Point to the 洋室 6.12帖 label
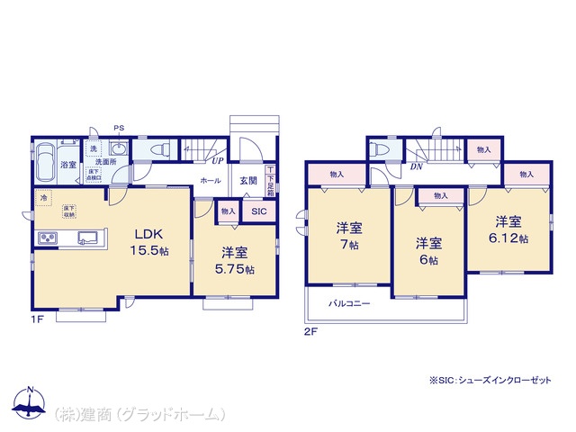(510, 229)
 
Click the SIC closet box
(258, 211)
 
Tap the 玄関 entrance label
(247, 180)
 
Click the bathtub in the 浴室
(47, 164)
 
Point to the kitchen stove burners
(46, 238)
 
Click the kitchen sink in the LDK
(88, 238)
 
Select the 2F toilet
(379, 149)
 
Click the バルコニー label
(349, 304)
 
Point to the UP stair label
(217, 162)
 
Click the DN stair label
(417, 166)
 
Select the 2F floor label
(310, 331)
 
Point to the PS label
(118, 128)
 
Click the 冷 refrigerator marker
(42, 196)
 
